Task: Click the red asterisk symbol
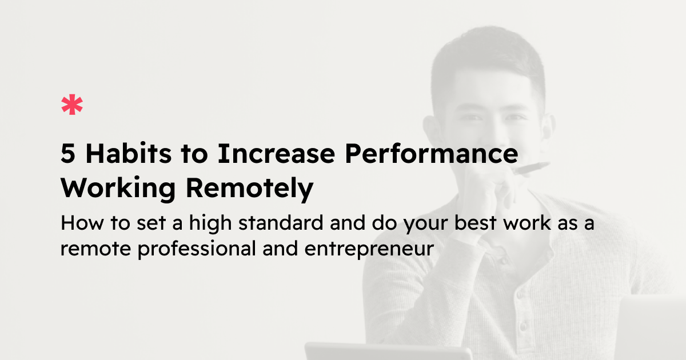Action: pos(72,106)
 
